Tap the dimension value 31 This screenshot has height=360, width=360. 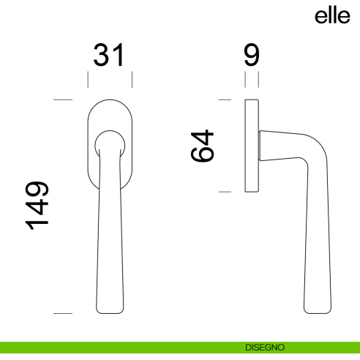(110, 56)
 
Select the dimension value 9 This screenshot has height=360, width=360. (251, 56)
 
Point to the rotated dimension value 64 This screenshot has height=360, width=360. (203, 146)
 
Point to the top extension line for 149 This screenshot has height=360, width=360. (63, 99)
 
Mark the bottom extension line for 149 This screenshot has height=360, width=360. (63, 314)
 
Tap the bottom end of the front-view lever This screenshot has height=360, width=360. (110, 312)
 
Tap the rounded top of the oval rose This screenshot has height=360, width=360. (110, 100)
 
